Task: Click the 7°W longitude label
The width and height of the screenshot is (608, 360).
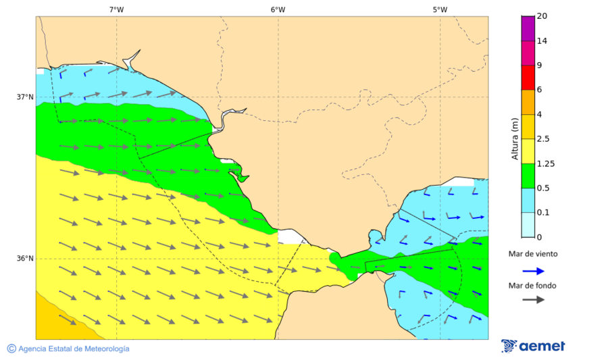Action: pos(116,9)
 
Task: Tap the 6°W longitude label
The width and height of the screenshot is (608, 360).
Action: pos(278,9)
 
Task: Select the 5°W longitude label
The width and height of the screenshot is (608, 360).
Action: pos(440,9)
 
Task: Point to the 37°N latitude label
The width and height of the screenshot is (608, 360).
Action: pos(25,97)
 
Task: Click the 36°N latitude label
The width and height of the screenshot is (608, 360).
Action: pos(25,258)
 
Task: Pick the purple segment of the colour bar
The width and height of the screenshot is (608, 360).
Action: pos(528,28)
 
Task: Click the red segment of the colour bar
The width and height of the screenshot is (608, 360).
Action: pos(528,77)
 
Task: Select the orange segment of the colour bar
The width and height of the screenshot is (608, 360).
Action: pos(528,102)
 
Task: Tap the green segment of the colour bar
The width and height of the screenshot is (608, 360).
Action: pos(528,176)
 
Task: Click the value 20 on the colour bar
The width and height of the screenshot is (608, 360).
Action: pos(542,16)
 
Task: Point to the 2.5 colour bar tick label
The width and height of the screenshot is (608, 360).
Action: pos(543,139)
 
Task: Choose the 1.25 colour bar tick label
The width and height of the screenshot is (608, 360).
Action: pos(545,163)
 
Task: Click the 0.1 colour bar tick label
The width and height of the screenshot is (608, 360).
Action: pos(543,213)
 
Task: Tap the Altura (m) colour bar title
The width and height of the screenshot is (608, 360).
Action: pos(515,139)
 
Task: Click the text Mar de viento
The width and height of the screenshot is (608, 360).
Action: pos(533,254)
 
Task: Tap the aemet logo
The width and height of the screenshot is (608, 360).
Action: pos(533,346)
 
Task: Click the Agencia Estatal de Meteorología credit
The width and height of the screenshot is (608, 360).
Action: pos(68,349)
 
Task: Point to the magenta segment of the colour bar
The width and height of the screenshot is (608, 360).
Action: pos(528,53)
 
